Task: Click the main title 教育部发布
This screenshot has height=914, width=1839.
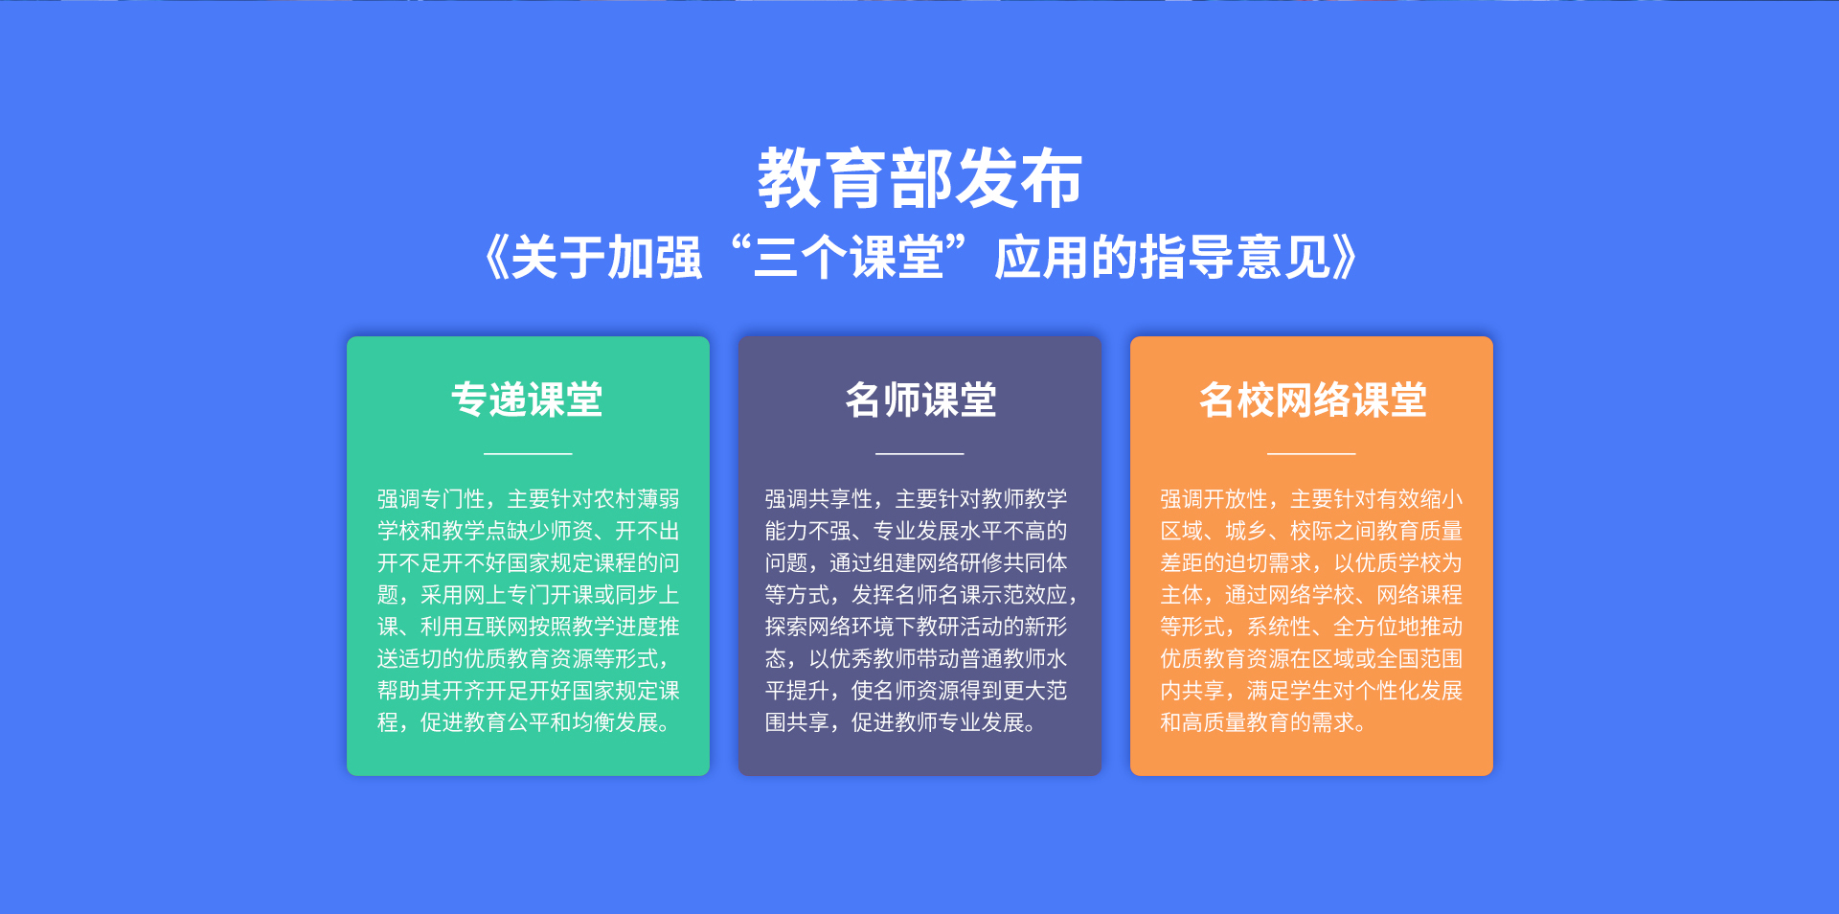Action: tap(919, 178)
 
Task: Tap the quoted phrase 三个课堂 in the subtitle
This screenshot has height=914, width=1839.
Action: tap(849, 258)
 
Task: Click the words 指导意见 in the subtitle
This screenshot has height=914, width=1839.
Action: tap(1236, 258)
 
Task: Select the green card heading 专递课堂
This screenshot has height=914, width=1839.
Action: tap(528, 400)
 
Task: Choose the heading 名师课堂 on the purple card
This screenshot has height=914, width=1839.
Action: tap(919, 400)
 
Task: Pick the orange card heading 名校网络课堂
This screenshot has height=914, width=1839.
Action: tap(1312, 400)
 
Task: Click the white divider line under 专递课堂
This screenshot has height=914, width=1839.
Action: tap(528, 453)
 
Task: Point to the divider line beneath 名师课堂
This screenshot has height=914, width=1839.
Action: tap(919, 453)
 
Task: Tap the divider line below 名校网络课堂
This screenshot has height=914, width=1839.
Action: tap(1311, 453)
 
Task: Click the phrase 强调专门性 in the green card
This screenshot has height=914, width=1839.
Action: tap(431, 499)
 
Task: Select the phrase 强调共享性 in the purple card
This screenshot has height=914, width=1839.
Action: tap(819, 499)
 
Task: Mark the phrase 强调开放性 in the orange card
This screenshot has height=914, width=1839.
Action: tap(1215, 499)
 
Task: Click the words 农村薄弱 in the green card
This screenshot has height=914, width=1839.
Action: tap(637, 499)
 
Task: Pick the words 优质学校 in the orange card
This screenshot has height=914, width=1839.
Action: tap(1398, 563)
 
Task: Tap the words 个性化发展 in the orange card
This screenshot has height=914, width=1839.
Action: tap(1409, 691)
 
